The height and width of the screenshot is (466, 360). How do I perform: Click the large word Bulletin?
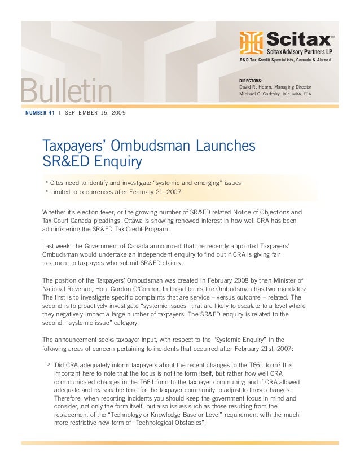click(x=66, y=92)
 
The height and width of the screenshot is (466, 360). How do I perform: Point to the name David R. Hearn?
click(x=257, y=87)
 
